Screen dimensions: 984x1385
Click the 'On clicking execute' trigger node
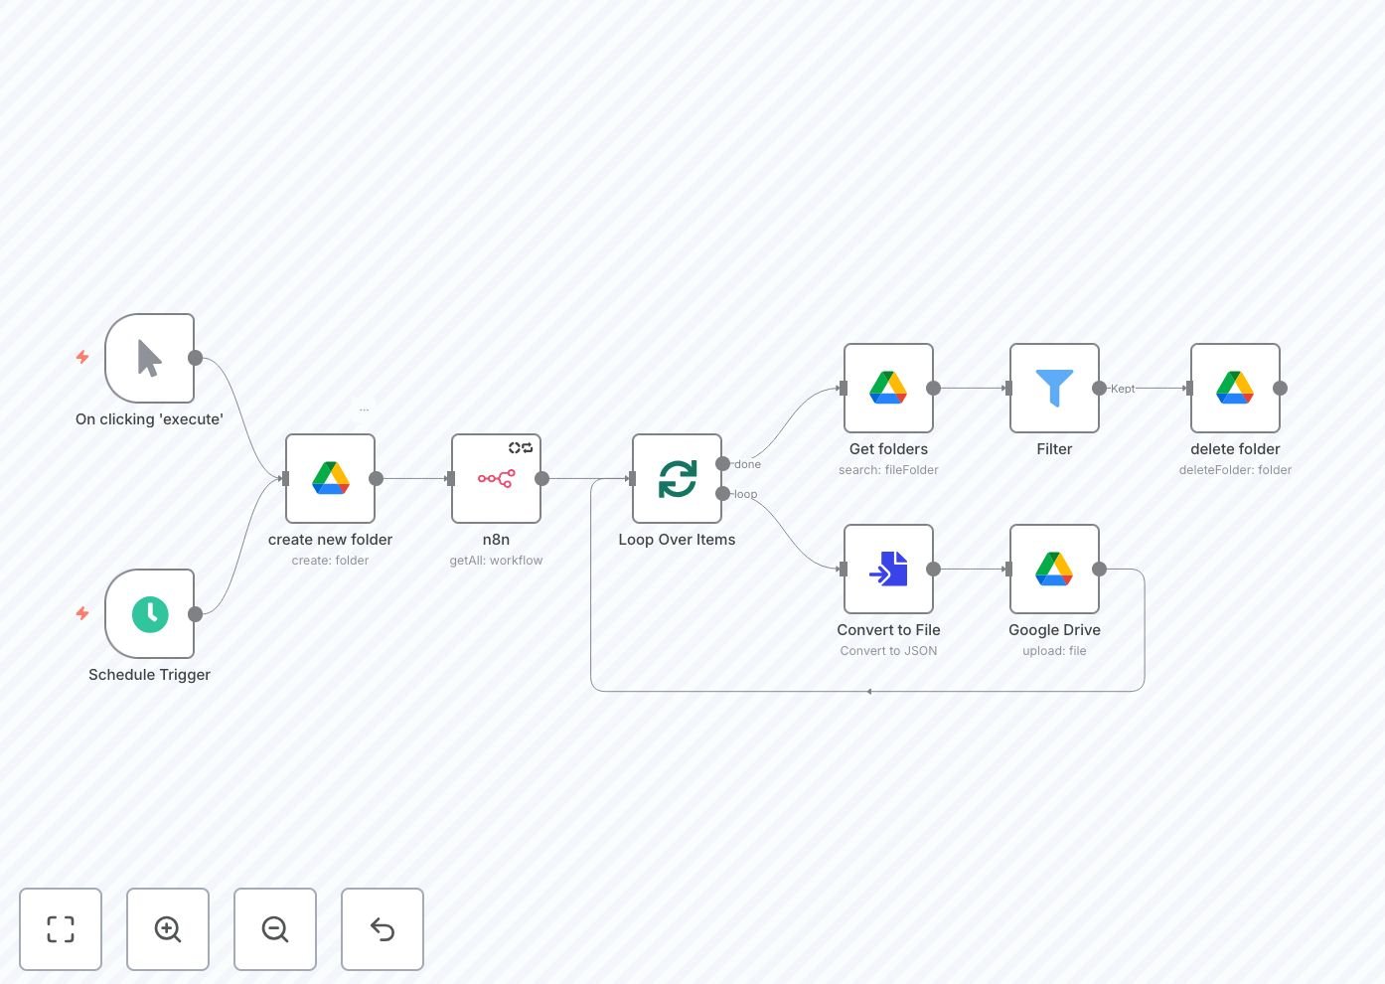pyautogui.click(x=149, y=359)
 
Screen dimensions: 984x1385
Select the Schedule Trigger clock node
pyautogui.click(x=149, y=614)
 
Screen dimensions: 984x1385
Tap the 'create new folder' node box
pyautogui.click(x=330, y=478)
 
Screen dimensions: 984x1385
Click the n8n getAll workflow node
pyautogui.click(x=496, y=478)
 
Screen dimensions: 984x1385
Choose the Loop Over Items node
pyautogui.click(x=677, y=478)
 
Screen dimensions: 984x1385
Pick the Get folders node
pyautogui.click(x=888, y=388)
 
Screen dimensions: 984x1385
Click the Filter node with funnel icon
pyautogui.click(x=1054, y=388)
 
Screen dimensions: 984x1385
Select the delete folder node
pyautogui.click(x=1235, y=388)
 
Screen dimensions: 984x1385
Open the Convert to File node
pyautogui.click(x=888, y=569)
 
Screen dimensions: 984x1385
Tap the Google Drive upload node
pyautogui.click(x=1054, y=569)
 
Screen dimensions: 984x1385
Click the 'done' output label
pyautogui.click(x=748, y=464)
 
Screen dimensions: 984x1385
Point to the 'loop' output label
pyautogui.click(x=745, y=494)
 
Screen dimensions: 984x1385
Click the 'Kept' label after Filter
pyautogui.click(x=1123, y=389)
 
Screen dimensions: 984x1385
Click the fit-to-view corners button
pyautogui.click(x=61, y=929)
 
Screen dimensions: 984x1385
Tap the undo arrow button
pyautogui.click(x=383, y=929)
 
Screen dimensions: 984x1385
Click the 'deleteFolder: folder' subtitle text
pyautogui.click(x=1235, y=470)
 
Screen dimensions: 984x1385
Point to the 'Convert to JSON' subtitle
pyautogui.click(x=888, y=651)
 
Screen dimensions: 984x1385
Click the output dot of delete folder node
pyautogui.click(x=1281, y=389)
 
